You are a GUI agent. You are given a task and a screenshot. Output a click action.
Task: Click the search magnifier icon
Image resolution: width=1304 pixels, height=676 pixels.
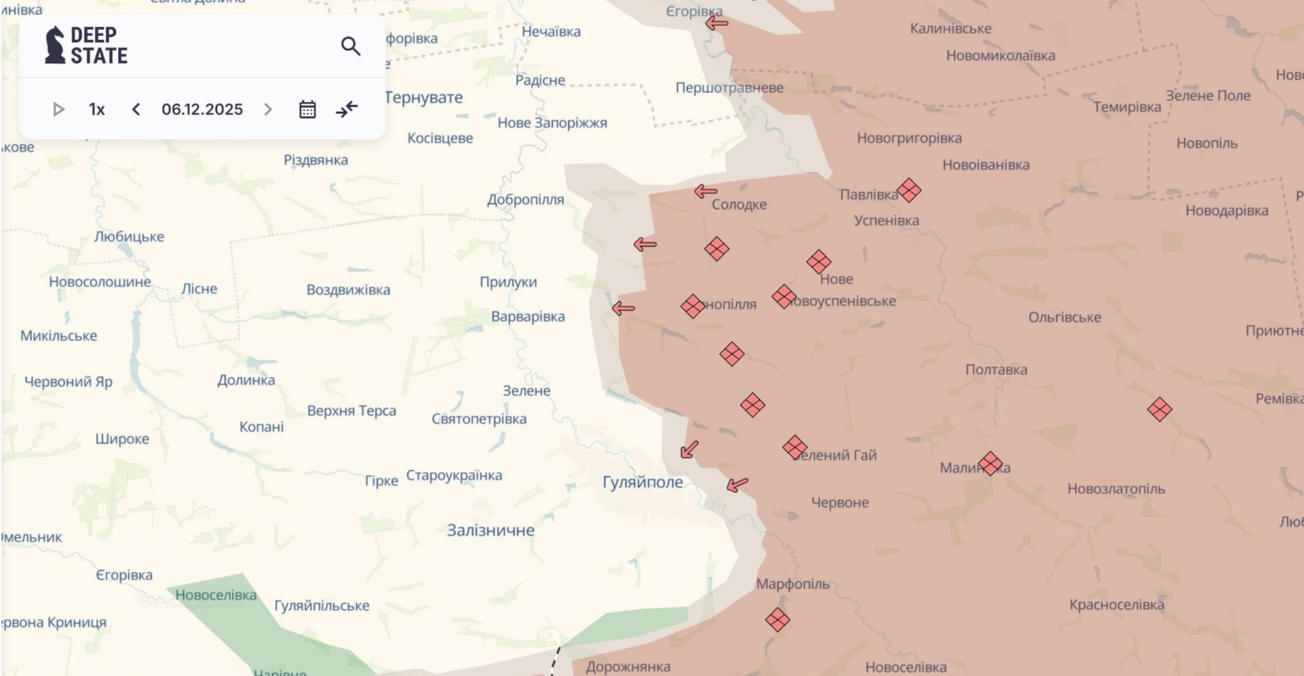(350, 46)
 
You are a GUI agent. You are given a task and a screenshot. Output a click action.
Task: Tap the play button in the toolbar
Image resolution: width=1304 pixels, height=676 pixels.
(58, 109)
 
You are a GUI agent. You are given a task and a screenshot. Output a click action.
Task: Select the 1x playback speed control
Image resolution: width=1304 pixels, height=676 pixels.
(97, 109)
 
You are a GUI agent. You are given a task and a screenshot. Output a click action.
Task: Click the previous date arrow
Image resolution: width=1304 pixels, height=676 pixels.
(136, 109)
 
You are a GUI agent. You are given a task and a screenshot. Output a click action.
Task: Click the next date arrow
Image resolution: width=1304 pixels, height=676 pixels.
(268, 109)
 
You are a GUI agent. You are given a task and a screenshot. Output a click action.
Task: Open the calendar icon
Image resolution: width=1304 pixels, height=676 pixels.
(307, 109)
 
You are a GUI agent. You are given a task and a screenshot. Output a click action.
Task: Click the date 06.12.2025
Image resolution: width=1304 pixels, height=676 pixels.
(202, 109)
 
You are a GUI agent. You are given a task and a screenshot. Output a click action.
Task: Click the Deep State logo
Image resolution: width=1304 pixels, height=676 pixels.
(85, 45)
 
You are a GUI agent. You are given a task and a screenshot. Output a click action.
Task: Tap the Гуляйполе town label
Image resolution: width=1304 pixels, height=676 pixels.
(643, 482)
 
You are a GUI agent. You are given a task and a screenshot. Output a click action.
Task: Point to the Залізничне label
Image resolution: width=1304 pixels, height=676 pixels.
(490, 530)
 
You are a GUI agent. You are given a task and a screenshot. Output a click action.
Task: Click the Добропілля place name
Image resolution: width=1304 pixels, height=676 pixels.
(525, 199)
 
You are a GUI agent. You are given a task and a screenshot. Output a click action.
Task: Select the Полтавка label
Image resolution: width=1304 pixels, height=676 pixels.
(996, 370)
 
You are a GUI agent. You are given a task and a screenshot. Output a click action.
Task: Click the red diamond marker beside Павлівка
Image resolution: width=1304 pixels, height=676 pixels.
(908, 191)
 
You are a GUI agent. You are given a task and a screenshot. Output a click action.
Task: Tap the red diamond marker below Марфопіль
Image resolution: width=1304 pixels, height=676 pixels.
(778, 620)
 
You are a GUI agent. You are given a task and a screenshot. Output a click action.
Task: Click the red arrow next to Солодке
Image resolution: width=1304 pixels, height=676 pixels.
(706, 192)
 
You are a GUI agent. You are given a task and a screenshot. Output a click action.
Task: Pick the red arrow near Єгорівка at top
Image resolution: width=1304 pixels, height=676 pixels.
(716, 23)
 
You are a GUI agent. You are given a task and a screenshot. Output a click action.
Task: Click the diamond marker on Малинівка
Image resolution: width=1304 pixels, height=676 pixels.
(990, 464)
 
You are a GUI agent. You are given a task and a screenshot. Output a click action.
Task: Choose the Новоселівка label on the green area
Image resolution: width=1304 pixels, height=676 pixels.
(216, 595)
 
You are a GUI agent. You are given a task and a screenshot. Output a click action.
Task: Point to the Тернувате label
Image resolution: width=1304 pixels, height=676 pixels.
(423, 98)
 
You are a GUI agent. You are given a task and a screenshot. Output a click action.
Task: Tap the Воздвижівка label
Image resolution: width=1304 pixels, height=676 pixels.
(348, 290)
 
